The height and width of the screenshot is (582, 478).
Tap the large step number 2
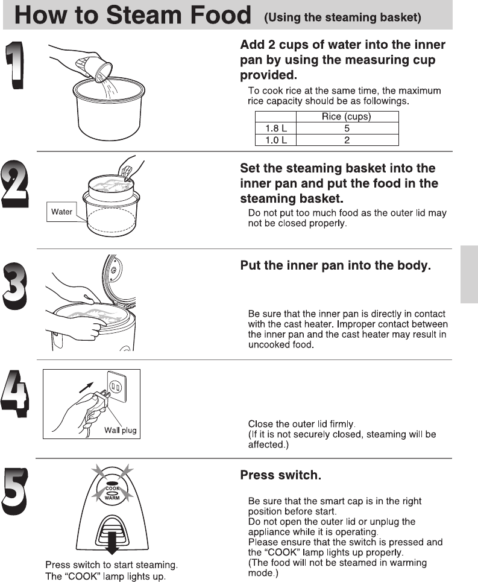tap(15, 184)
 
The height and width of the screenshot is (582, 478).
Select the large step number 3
tap(15, 285)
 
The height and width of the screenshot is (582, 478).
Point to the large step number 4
tap(15, 394)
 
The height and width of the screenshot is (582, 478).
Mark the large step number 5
tap(15, 491)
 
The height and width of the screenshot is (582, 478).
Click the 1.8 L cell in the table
tap(275, 128)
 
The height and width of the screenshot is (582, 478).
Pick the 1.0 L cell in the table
tap(275, 140)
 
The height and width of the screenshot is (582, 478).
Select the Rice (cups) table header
tap(347, 116)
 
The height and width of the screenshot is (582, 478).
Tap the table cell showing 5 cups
tap(347, 128)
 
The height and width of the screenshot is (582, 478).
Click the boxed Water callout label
tap(61, 212)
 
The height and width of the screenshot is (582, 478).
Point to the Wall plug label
tap(120, 430)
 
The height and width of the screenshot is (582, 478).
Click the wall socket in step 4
tap(116, 387)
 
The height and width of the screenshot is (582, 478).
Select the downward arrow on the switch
tap(112, 543)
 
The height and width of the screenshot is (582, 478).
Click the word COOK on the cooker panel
tap(112, 489)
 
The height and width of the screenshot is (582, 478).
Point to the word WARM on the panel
tap(112, 498)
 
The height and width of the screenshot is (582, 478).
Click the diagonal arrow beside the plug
tap(86, 388)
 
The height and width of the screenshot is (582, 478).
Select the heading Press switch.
tap(281, 475)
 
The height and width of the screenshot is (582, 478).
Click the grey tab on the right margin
tap(469, 274)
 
